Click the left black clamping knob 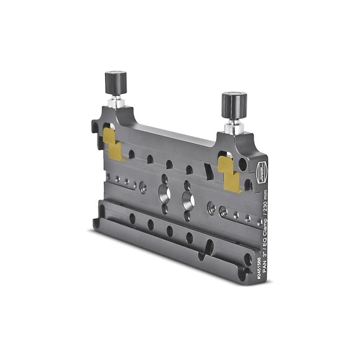click(x=115, y=81)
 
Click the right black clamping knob click(x=234, y=102)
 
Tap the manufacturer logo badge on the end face click(x=262, y=168)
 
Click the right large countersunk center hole click(x=187, y=200)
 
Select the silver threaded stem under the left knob click(x=116, y=102)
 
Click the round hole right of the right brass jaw click(x=243, y=164)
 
